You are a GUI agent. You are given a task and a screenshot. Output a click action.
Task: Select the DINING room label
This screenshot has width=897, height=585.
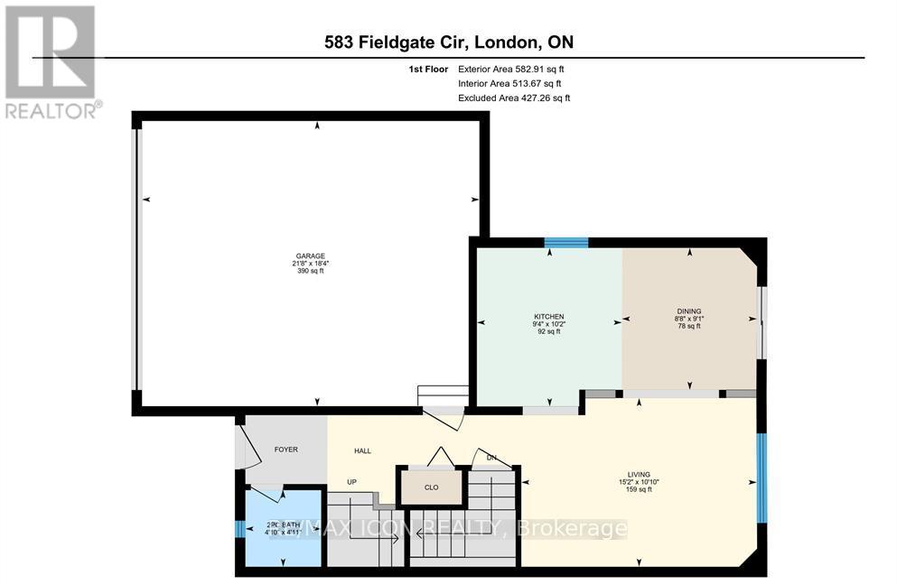point(688,311)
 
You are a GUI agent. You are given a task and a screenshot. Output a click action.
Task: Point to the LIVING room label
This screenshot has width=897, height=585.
point(640,474)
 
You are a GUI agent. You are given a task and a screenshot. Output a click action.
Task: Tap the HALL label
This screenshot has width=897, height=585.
point(362,450)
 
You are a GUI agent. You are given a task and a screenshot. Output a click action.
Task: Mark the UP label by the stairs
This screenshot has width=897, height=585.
point(353,482)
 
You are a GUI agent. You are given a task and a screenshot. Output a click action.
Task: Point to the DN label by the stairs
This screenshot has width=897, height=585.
point(491,458)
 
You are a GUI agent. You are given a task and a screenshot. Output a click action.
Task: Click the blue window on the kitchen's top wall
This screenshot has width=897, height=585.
point(566,241)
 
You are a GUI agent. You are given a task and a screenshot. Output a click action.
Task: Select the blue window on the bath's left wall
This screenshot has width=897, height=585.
point(239,529)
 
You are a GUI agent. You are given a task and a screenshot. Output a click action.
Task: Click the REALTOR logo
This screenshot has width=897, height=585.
point(52,61)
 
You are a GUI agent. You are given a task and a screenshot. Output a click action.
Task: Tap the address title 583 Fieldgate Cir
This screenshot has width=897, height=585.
point(448,42)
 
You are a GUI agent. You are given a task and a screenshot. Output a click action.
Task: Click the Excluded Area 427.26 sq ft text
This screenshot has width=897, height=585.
point(513,97)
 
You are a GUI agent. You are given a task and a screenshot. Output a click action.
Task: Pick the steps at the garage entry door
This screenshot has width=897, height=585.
point(442,397)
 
